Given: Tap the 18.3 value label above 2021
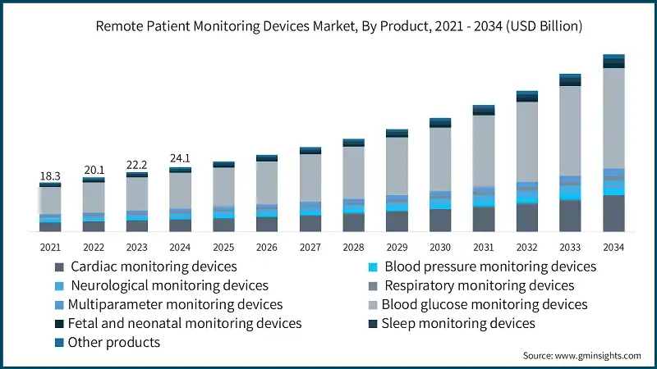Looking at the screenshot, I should tap(50, 176).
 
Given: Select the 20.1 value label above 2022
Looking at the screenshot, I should tap(94, 170).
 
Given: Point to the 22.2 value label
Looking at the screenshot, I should tap(137, 165).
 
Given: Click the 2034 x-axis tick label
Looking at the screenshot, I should tap(613, 247).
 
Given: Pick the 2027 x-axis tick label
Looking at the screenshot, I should tap(310, 247).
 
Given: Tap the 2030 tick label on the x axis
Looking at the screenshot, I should tap(440, 247).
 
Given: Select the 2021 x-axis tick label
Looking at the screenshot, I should tap(50, 247).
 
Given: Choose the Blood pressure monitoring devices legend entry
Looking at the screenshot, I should tap(489, 266).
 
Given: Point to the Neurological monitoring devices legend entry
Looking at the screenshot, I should tap(169, 285).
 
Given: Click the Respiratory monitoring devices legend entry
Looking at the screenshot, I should tap(479, 285).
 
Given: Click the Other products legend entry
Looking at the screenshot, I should tap(114, 342).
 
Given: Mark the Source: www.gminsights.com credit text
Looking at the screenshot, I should tap(581, 356).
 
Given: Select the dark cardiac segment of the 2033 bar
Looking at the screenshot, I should tap(570, 215).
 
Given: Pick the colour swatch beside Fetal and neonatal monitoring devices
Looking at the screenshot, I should tap(59, 324).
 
